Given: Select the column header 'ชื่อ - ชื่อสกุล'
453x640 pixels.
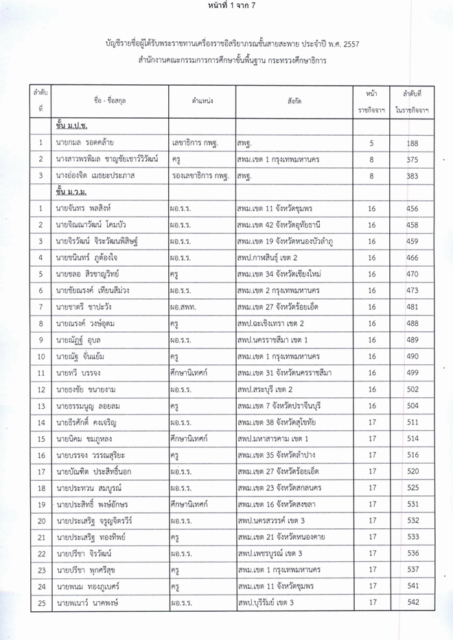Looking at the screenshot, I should [x=106, y=101].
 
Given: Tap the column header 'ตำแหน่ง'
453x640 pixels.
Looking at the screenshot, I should [x=202, y=101].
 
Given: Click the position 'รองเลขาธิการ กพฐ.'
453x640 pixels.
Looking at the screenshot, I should [x=199, y=176].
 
